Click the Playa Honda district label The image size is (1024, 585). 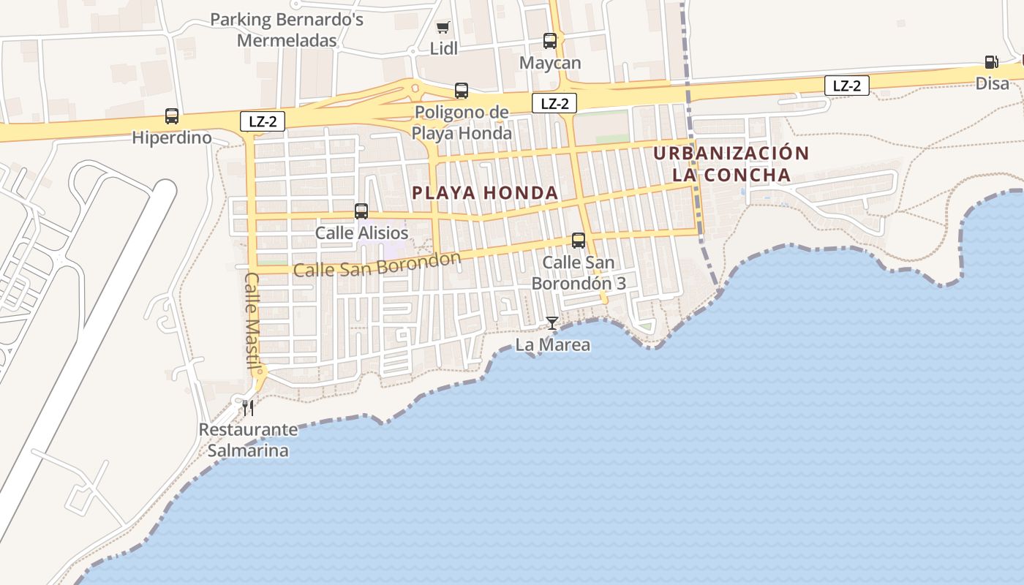[x=485, y=193]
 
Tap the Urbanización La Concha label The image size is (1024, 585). [x=731, y=165]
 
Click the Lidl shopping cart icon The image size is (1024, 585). [x=443, y=28]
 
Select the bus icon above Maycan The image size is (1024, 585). [x=550, y=41]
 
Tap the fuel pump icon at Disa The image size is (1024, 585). [x=991, y=63]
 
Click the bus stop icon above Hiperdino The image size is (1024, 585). [x=172, y=116]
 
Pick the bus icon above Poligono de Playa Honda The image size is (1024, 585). [x=462, y=91]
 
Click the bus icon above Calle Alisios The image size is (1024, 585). [x=361, y=211]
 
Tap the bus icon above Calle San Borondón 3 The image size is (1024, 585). [x=579, y=240]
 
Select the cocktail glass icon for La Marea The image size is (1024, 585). [x=552, y=323]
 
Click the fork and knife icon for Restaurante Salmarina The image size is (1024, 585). [x=248, y=407]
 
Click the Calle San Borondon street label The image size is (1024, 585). [x=377, y=265]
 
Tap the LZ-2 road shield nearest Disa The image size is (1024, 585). [x=847, y=86]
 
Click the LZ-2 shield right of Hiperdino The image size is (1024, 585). [x=263, y=121]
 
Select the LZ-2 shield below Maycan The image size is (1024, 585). [x=554, y=104]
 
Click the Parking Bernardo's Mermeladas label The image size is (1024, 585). [x=287, y=30]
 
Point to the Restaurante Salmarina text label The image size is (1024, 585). [x=248, y=440]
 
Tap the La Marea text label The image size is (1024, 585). [x=553, y=345]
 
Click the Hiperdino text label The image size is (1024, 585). [x=172, y=137]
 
